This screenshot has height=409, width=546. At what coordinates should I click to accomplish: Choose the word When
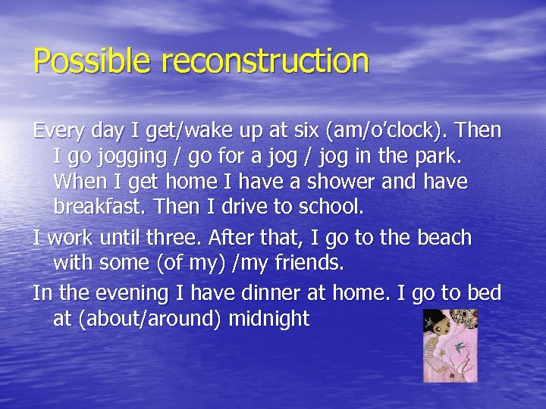click(81, 183)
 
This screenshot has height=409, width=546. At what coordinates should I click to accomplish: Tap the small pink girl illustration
click(450, 345)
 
